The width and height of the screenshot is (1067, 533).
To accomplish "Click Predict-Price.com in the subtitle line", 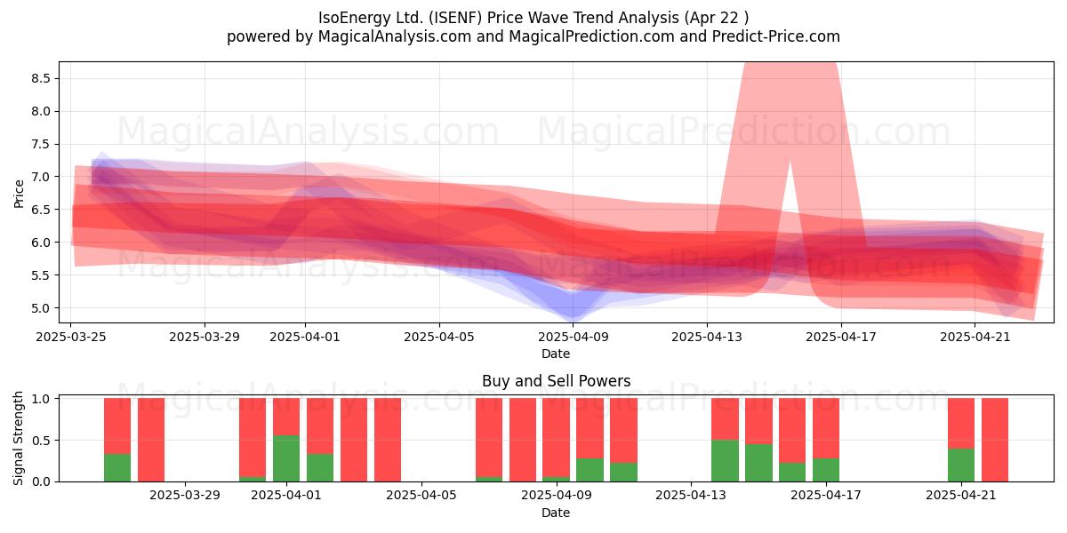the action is [776, 36].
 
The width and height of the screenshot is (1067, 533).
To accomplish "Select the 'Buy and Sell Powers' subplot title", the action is [556, 381].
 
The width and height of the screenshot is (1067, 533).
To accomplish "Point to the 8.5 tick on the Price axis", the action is [41, 78].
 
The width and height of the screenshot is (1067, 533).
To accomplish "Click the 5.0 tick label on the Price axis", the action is [41, 308].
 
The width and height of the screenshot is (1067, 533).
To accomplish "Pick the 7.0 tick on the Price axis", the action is [41, 177].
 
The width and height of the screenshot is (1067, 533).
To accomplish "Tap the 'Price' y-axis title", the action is [19, 194].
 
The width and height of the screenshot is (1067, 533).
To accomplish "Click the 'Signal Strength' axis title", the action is [18, 438].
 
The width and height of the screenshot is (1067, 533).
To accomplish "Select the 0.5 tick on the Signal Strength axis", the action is [41, 441].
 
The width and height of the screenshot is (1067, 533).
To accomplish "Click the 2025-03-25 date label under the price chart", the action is [71, 337].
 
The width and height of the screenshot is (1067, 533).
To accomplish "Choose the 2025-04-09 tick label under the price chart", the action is [574, 337].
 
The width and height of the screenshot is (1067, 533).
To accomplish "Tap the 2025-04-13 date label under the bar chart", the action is [691, 496].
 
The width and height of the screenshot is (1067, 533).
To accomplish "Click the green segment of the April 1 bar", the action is [286, 458].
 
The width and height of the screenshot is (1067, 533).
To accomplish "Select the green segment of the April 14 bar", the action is [725, 461].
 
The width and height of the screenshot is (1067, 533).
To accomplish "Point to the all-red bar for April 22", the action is [995, 440].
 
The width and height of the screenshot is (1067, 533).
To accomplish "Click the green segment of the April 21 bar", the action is [961, 465].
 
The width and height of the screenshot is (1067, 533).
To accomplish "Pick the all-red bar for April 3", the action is [354, 440].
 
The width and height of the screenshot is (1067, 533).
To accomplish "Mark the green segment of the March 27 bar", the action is [117, 468].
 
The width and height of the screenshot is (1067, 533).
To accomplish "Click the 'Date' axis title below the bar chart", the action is [556, 513].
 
